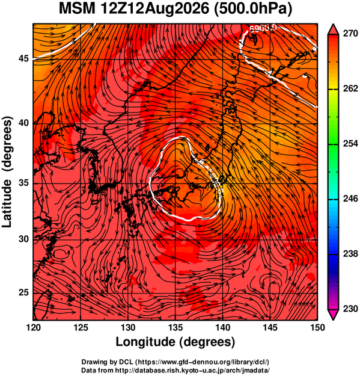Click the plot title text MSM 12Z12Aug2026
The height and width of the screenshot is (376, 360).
pos(133,9)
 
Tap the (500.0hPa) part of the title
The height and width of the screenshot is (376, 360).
pos(253,10)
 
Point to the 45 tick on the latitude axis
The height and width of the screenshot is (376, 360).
pos(23,58)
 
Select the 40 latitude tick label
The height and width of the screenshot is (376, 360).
pos(23,123)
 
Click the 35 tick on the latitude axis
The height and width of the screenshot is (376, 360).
pos(23,183)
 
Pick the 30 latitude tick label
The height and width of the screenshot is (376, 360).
pos(23,239)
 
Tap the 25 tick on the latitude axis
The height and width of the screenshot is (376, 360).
pos(23,293)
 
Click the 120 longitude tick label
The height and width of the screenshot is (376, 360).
pos(34,327)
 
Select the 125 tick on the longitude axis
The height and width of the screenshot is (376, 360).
pos(81,327)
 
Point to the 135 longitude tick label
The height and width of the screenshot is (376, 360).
pos(175,327)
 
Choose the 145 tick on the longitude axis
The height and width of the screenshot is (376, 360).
pos(270,327)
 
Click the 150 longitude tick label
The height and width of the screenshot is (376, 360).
pos(317,327)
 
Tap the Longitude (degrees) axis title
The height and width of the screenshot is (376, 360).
pos(175,342)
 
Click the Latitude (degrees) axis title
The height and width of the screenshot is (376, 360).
pos(7,172)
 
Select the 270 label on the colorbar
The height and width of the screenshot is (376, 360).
pos(350,34)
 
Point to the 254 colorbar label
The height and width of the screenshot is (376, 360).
pos(350,144)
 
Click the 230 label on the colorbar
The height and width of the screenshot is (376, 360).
pos(350,309)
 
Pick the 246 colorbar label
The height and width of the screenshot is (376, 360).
pos(350,199)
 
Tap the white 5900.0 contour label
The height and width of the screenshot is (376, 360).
pos(263,28)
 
